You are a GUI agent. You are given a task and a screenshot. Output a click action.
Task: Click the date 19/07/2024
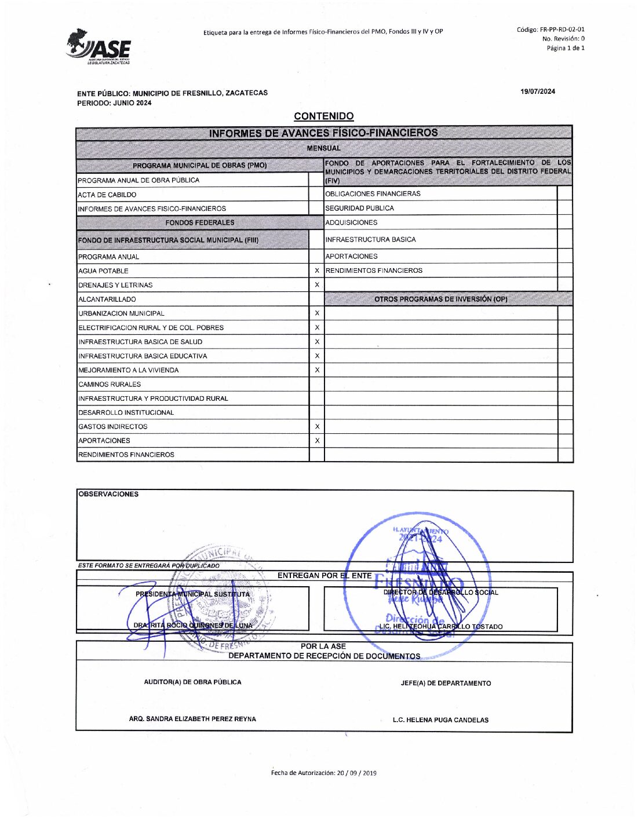point(537,92)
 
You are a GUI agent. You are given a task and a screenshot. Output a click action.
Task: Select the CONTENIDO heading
point(323,116)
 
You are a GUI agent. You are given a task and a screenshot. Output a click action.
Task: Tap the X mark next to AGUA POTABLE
point(317,270)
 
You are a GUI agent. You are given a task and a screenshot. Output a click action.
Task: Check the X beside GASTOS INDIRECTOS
point(317,426)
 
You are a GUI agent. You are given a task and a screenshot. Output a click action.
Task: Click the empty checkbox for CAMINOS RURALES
point(317,384)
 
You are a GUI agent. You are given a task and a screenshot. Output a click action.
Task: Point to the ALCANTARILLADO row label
point(107,299)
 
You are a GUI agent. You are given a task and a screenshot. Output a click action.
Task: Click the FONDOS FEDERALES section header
point(199,222)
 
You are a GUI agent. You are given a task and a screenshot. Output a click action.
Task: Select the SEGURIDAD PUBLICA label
point(359,208)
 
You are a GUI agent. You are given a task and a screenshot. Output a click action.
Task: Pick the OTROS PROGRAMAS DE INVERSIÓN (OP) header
point(440,299)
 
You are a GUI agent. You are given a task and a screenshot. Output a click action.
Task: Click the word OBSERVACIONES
point(108,494)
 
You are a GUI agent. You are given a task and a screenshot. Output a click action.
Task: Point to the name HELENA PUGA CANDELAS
point(440,720)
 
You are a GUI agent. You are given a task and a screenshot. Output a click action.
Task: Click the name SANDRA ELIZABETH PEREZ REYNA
point(192,719)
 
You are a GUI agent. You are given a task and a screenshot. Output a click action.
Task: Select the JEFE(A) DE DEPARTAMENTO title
point(446,683)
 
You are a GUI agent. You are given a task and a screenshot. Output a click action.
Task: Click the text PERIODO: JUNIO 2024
point(114,103)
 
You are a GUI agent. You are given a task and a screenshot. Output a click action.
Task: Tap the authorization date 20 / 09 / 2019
point(323,773)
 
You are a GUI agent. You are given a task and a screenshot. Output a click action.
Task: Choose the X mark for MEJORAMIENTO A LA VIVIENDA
point(317,370)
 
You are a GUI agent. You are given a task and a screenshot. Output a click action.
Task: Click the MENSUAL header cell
point(323,148)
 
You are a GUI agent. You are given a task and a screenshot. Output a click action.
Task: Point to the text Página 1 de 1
point(565,48)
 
